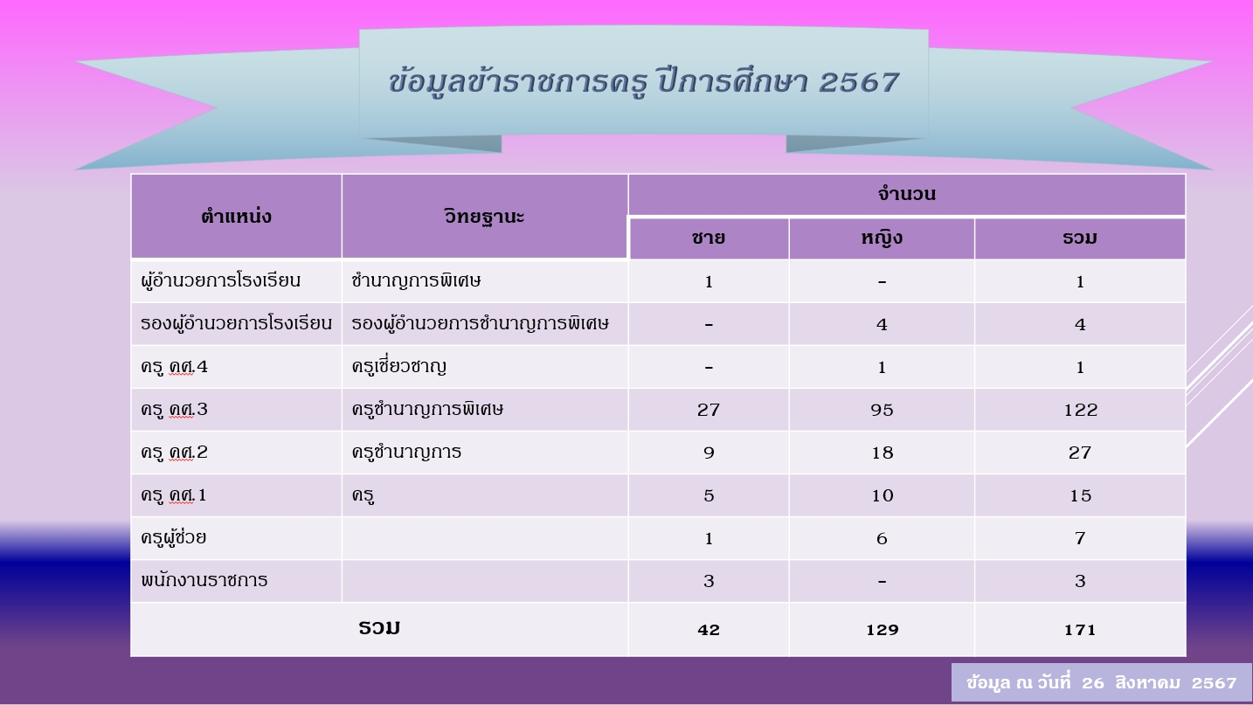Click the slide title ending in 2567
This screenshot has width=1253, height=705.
tap(643, 83)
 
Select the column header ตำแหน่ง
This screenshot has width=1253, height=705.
tap(236, 217)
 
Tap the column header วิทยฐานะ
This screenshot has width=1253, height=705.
tap(484, 217)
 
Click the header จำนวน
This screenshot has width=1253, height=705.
tap(906, 194)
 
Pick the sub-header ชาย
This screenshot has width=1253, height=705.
tap(708, 238)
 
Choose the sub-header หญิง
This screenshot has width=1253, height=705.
tap(882, 238)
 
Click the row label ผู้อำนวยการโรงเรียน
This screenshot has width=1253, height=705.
tap(220, 280)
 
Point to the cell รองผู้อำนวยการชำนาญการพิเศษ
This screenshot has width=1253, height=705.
tap(480, 323)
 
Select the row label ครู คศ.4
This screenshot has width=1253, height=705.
tap(174, 367)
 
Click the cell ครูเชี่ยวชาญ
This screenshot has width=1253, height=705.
tap(398, 366)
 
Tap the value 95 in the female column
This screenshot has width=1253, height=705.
tap(882, 410)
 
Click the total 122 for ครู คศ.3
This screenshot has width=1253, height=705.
tap(1080, 410)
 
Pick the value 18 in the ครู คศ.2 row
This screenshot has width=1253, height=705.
tap(883, 453)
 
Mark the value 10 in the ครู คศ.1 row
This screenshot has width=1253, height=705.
tap(883, 496)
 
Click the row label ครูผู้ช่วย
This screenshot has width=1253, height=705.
tap(173, 537)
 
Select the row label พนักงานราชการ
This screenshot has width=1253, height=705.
tap(204, 580)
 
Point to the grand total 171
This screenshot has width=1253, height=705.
tap(1080, 630)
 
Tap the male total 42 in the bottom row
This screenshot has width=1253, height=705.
tap(708, 630)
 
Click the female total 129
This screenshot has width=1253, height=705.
tap(883, 630)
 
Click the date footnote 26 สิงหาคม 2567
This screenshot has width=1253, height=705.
tap(1159, 682)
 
